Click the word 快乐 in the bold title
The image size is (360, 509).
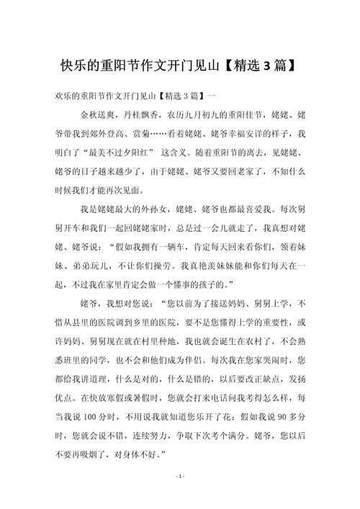[71, 66]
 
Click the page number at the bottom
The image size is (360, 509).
[180, 496]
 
